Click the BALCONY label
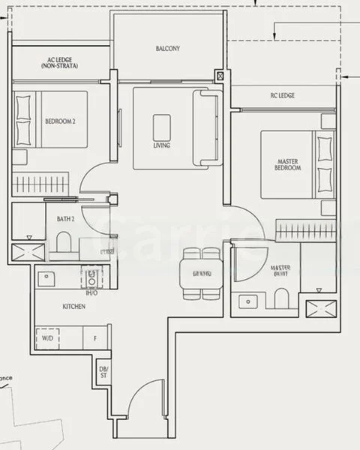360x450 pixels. coord(168,49)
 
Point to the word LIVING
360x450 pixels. coord(161,145)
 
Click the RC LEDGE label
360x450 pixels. coord(282,96)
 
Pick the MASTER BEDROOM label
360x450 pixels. coord(289,164)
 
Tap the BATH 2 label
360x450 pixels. coord(65,219)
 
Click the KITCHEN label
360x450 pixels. coord(73,307)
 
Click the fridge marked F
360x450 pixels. coord(94,338)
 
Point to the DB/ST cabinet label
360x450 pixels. coord(103,372)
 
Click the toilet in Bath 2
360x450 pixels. coord(64,241)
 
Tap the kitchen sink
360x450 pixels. coord(48,277)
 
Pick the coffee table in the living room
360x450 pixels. coord(161,127)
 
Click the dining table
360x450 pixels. coord(201,273)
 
